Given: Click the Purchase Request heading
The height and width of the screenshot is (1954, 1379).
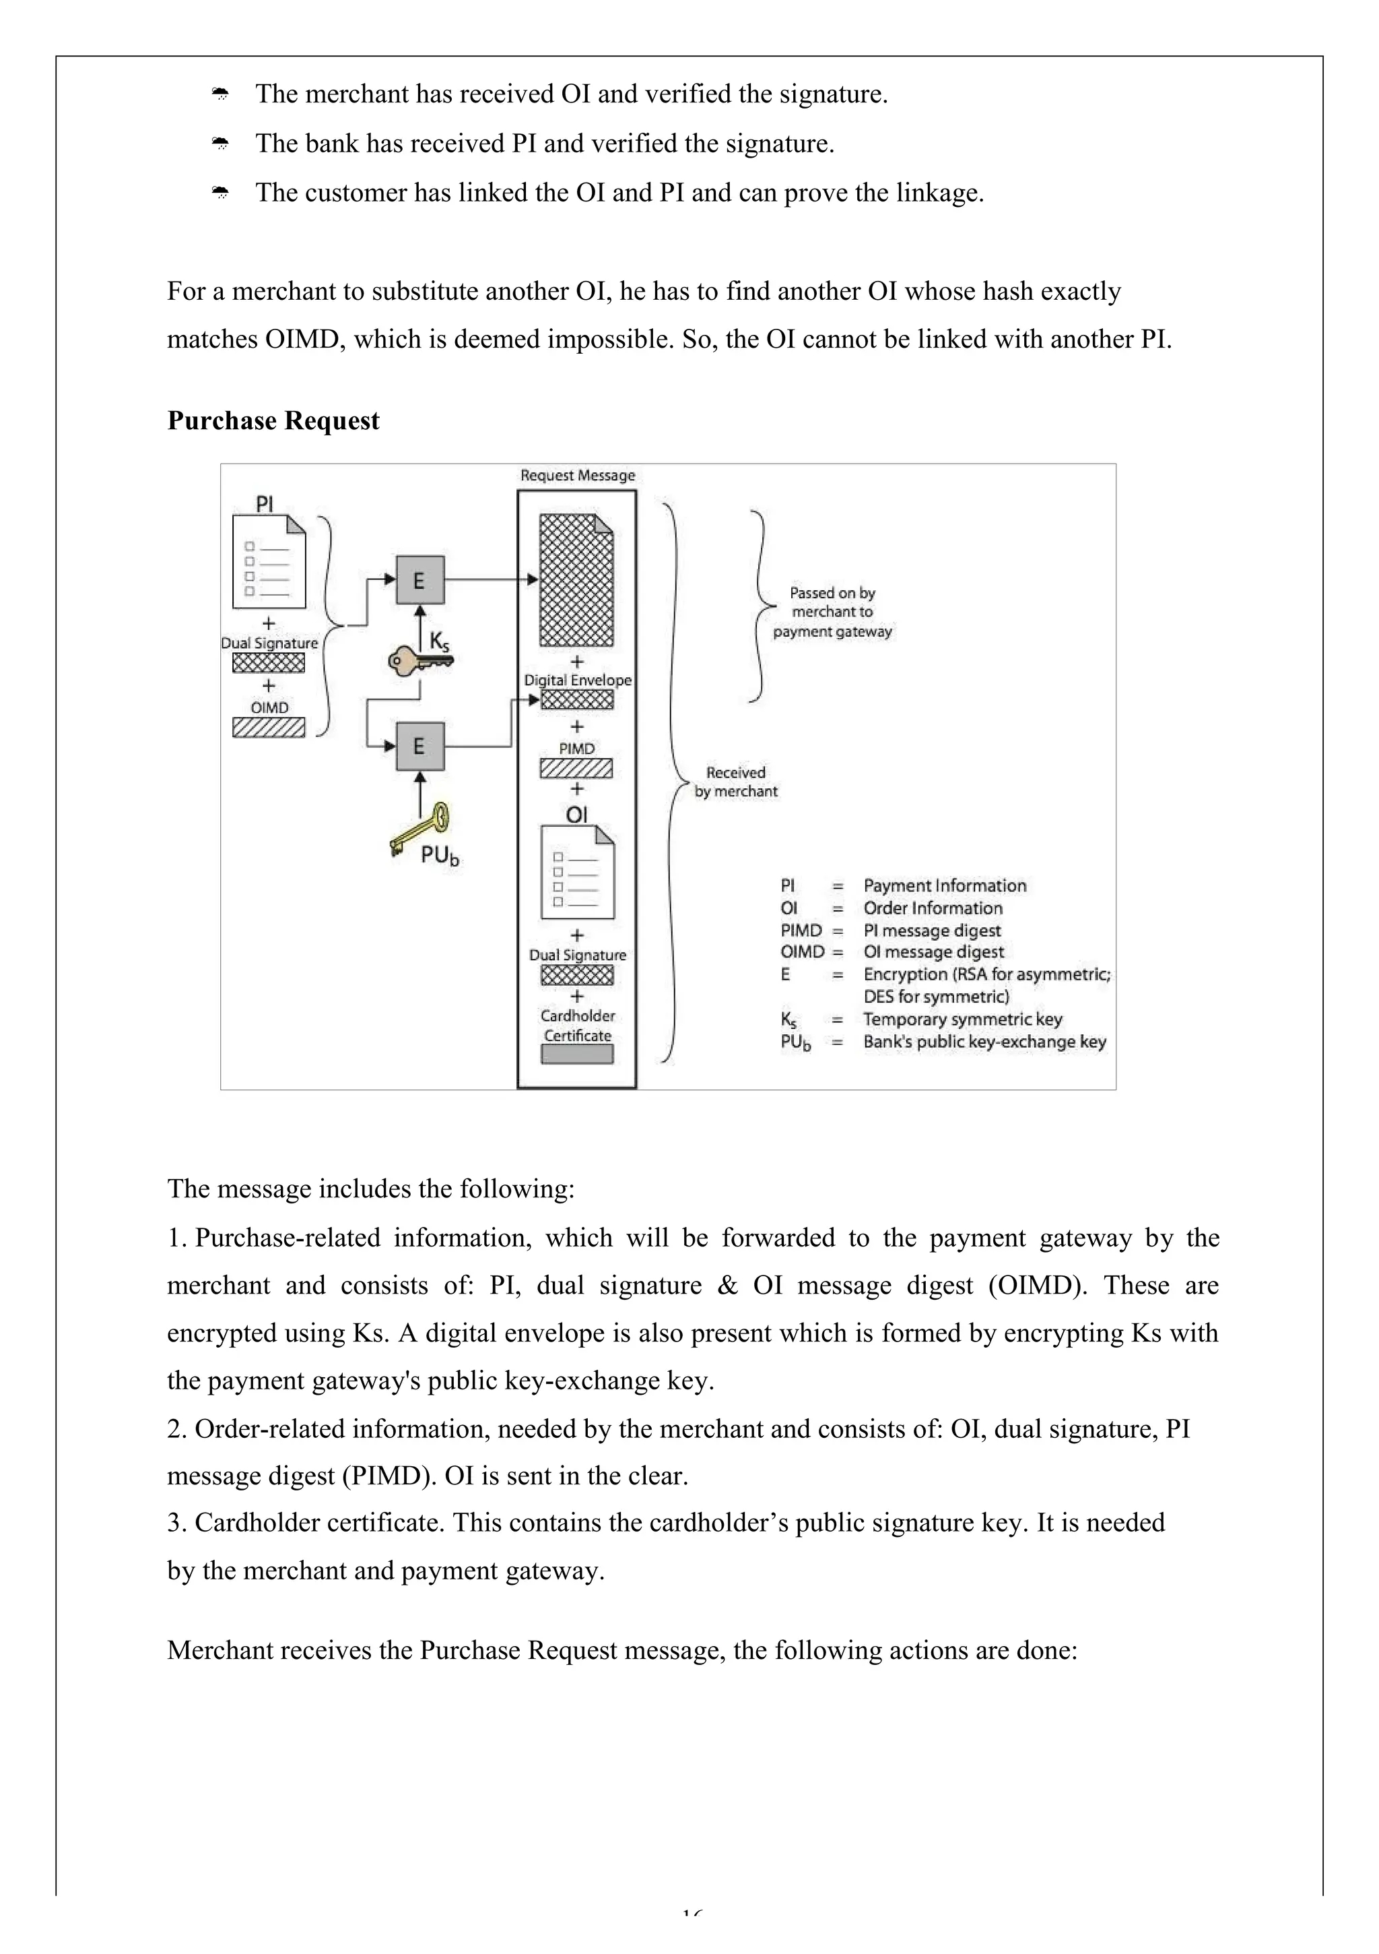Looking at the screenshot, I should [x=273, y=420].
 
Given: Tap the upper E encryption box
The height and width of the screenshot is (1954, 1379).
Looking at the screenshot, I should [x=419, y=580].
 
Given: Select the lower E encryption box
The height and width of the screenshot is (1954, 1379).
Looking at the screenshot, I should [x=419, y=747].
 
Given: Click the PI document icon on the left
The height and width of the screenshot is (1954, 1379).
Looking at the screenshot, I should [x=269, y=562].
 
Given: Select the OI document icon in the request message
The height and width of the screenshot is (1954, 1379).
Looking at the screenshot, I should [x=578, y=873].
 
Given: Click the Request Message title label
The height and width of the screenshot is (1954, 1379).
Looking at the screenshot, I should [x=578, y=476].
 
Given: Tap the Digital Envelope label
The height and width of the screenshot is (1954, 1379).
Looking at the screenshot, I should [x=578, y=680].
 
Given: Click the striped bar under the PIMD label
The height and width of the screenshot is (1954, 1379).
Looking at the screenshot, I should [x=576, y=769].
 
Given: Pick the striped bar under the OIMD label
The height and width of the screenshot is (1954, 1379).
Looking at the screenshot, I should [x=269, y=728].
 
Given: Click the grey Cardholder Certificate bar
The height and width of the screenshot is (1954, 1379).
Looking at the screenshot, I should [x=578, y=1054].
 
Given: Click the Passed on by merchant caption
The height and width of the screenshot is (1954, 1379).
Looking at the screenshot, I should [x=832, y=612].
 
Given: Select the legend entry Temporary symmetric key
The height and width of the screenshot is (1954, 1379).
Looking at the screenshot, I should [x=962, y=1019].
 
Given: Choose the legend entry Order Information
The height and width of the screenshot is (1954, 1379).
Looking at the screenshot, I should [x=933, y=908].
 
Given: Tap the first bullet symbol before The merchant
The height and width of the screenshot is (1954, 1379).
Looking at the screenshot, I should [x=220, y=94].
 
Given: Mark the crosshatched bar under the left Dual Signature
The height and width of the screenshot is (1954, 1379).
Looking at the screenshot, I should [x=269, y=663].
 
